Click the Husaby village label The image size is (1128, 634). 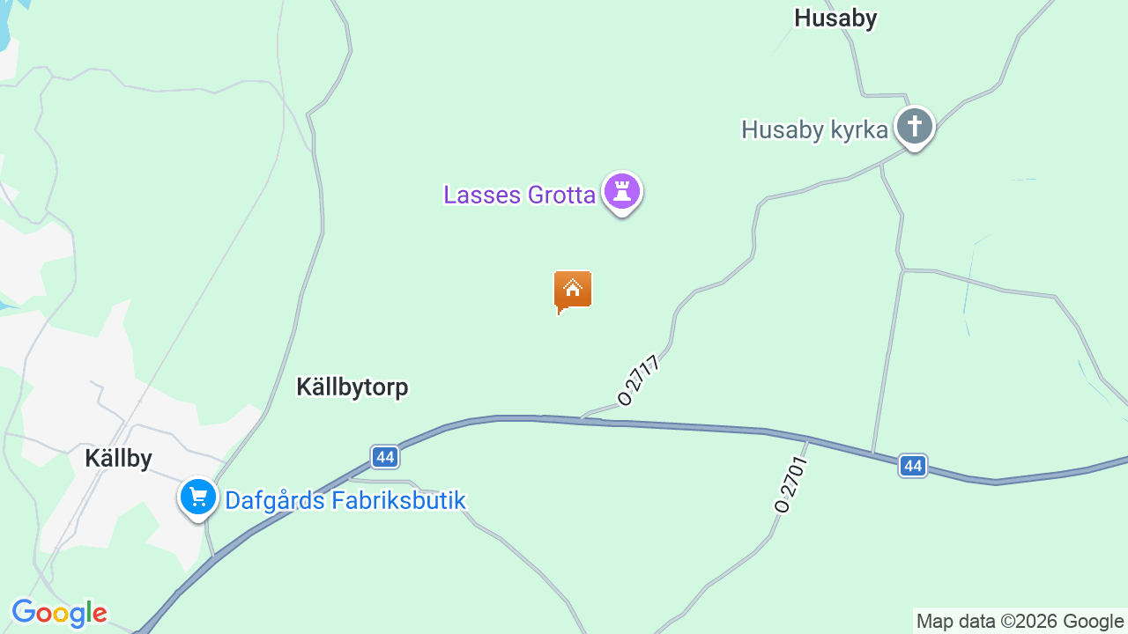pos(835,18)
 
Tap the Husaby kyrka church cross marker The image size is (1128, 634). pos(915,128)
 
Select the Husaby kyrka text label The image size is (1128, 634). pos(814,130)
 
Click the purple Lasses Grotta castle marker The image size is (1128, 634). pos(622,191)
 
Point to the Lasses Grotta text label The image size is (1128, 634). pos(519,195)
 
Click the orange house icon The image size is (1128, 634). pos(573,290)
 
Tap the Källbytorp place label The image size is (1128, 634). pos(352,387)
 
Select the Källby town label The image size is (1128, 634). pos(118,458)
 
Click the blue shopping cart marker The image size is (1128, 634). pos(198,498)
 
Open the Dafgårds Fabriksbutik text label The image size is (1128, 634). pos(345,500)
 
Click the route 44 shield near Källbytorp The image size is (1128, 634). pos(384,456)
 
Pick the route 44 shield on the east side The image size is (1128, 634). pos(913,465)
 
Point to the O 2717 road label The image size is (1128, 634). pos(640,380)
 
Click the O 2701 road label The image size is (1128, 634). pos(790,483)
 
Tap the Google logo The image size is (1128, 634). pos(59,613)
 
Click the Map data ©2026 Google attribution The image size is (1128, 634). pos(1020,621)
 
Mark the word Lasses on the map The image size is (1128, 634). pos(481,195)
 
